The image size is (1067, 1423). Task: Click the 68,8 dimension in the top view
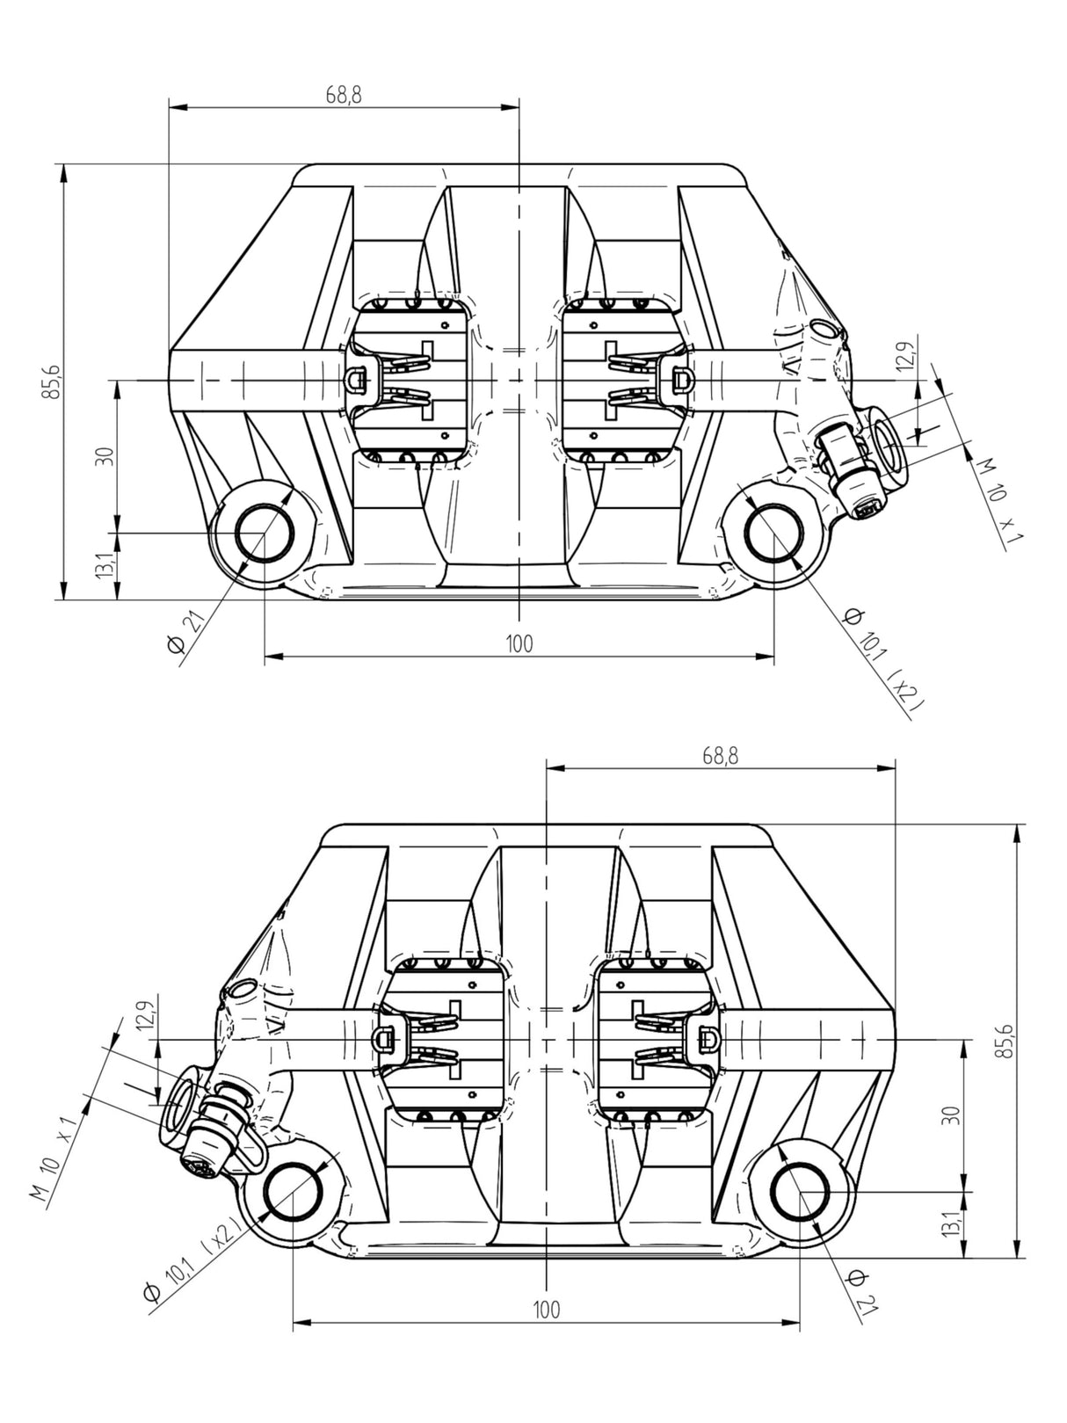pyautogui.click(x=343, y=96)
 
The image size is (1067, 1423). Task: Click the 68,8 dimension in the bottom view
pyautogui.click(x=720, y=755)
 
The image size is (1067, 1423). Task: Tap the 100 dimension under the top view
pyautogui.click(x=519, y=643)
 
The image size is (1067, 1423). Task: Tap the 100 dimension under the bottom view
pyautogui.click(x=546, y=1310)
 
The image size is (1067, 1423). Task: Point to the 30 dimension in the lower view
pyautogui.click(x=950, y=1114)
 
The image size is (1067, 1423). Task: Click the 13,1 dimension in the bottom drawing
pyautogui.click(x=950, y=1224)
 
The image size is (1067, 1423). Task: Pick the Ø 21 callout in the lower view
pyautogui.click(x=860, y=1292)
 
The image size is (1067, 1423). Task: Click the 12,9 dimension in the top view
pyautogui.click(x=907, y=354)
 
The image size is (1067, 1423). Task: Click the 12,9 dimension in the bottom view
pyautogui.click(x=148, y=1015)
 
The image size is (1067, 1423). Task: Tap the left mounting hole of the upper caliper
pyautogui.click(x=264, y=534)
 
